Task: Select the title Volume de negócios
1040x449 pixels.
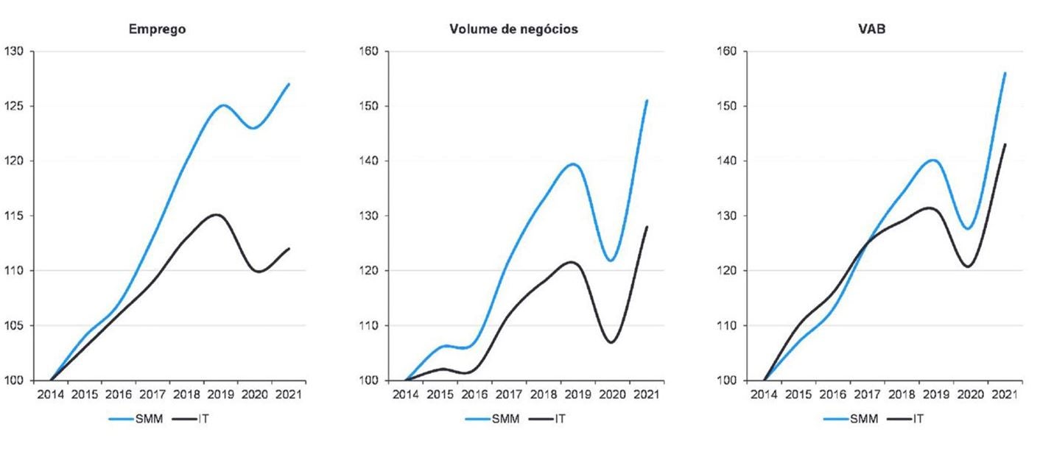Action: pyautogui.click(x=513, y=29)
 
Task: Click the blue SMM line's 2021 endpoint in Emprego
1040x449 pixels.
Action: pyautogui.click(x=289, y=84)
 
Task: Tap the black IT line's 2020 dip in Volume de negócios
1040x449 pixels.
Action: pyautogui.click(x=611, y=342)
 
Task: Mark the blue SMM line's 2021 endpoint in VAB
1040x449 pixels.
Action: pyautogui.click(x=1005, y=73)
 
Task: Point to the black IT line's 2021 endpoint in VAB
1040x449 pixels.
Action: pyautogui.click(x=1005, y=144)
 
